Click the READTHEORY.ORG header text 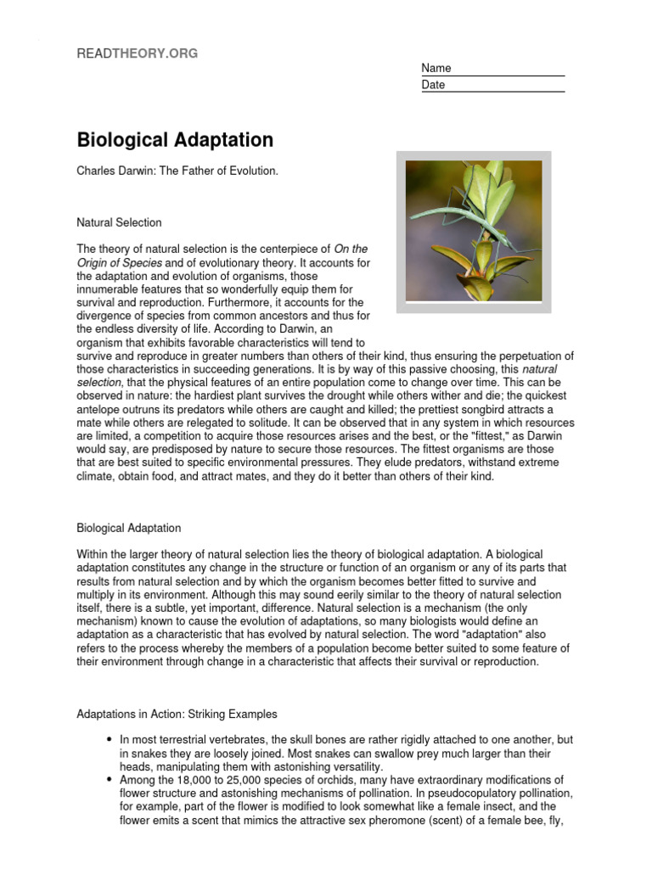tap(137, 53)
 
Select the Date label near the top tap(433, 85)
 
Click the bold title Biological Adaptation tap(175, 139)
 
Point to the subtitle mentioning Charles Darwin tap(177, 171)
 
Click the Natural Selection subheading tap(119, 222)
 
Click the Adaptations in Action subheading tap(177, 714)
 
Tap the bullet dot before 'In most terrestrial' tap(110, 740)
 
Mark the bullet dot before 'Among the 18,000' tap(110, 780)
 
